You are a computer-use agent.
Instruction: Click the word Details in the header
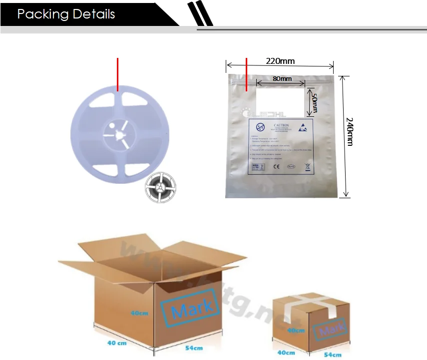pos(93,14)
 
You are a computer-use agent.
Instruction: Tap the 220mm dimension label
pos(280,61)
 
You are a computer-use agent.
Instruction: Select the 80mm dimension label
pos(282,78)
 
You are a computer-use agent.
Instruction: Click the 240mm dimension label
pos(350,132)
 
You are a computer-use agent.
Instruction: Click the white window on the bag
pos(280,102)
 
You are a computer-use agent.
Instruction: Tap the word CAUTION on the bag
pos(282,126)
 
